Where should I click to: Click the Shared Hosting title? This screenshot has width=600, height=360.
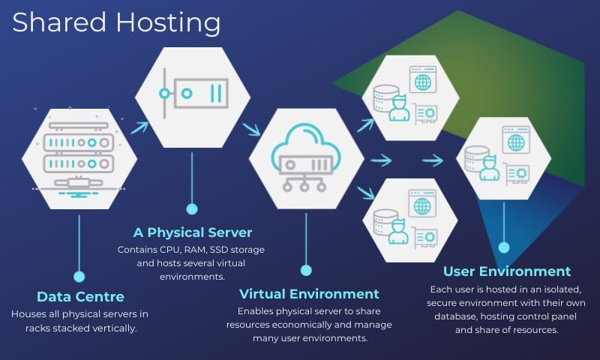(116, 22)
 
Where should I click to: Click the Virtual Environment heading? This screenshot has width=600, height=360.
(309, 292)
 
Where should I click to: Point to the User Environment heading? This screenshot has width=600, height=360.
(507, 271)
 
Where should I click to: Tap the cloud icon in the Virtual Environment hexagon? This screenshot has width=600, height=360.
(305, 150)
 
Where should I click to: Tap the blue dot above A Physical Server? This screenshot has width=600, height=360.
(192, 208)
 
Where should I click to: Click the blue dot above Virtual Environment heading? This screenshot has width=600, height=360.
(306, 269)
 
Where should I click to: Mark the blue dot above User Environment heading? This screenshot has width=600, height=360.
(504, 247)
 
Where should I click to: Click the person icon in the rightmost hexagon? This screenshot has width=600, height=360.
(490, 168)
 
